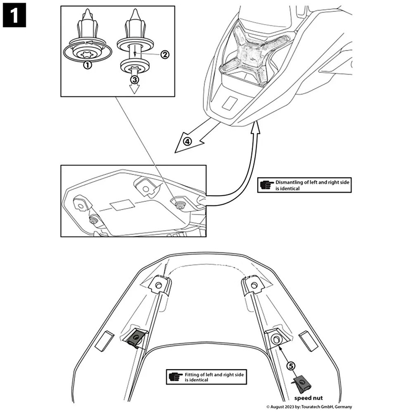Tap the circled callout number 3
[x=134, y=80]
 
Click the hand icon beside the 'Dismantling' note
[x=265, y=185]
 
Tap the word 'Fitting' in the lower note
[x=192, y=374]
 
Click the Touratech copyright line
[x=309, y=407]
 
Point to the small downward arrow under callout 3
[x=135, y=88]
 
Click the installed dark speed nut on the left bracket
[x=134, y=338]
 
